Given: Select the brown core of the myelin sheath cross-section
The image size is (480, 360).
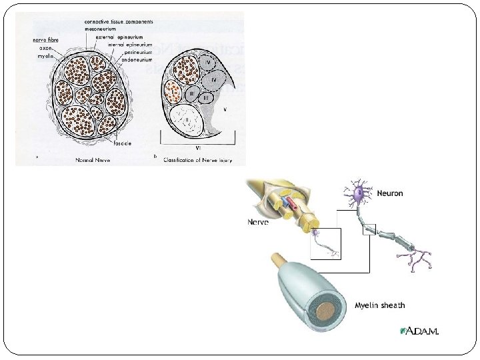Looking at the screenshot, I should click(327, 312).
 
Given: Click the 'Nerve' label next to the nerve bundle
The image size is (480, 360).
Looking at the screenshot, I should click(258, 221).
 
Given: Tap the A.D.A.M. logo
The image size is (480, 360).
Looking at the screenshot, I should click(420, 331).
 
